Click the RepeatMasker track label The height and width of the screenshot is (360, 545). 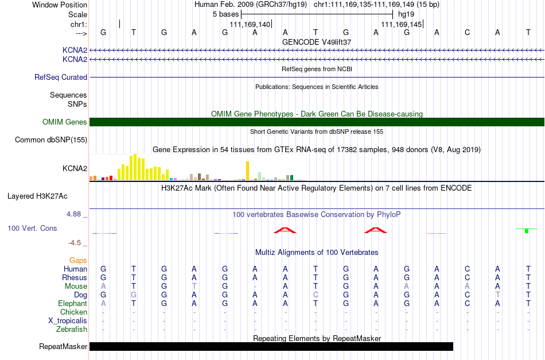(x=63, y=346)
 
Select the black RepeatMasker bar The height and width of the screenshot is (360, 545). (x=271, y=346)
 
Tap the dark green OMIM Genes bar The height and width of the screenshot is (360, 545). (x=317, y=122)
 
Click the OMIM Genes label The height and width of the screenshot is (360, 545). (x=64, y=122)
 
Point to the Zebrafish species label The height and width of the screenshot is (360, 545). (x=72, y=329)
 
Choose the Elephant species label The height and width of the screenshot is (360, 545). (x=72, y=303)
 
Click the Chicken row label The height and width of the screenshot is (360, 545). (x=73, y=312)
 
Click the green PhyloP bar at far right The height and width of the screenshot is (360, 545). (x=527, y=231)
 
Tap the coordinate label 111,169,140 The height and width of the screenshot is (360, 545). (x=250, y=24)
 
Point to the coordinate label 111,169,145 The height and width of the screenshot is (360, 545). (x=402, y=24)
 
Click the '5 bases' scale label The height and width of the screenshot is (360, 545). (x=225, y=14)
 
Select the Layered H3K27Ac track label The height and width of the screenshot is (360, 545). (x=37, y=196)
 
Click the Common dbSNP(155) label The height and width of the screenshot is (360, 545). (x=51, y=140)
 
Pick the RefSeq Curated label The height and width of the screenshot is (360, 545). (x=61, y=77)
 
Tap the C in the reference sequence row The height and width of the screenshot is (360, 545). (x=467, y=32)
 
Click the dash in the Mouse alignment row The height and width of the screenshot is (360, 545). (x=255, y=287)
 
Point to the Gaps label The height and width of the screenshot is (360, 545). (x=78, y=261)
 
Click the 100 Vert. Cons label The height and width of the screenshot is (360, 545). (x=32, y=228)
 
